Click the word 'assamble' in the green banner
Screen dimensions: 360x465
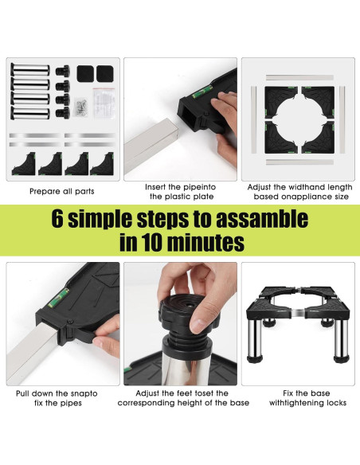(x=262, y=219)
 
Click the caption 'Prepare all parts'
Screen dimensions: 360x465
(x=62, y=191)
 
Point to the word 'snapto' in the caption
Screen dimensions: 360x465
(x=84, y=394)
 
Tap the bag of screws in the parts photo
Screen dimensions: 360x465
(x=80, y=107)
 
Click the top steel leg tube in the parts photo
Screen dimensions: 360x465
(x=30, y=70)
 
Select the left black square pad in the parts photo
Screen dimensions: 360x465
(x=85, y=74)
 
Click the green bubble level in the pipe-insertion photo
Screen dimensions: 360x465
(x=202, y=91)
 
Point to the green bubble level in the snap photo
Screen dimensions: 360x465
(x=59, y=298)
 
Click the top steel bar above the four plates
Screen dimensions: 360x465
(x=299, y=78)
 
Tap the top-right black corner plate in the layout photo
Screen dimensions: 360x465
(x=319, y=101)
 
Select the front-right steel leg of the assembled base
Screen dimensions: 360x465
(x=341, y=339)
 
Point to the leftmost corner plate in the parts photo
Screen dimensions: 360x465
(x=24, y=164)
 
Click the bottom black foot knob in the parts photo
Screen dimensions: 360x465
(x=63, y=113)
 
